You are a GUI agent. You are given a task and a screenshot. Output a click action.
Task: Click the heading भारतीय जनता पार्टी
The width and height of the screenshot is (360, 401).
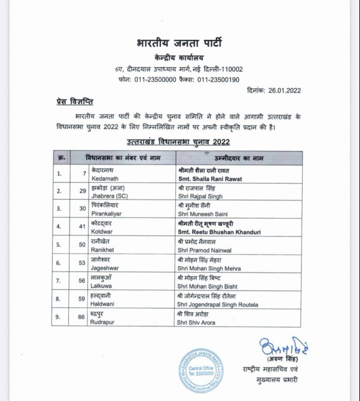coord(180,42)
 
